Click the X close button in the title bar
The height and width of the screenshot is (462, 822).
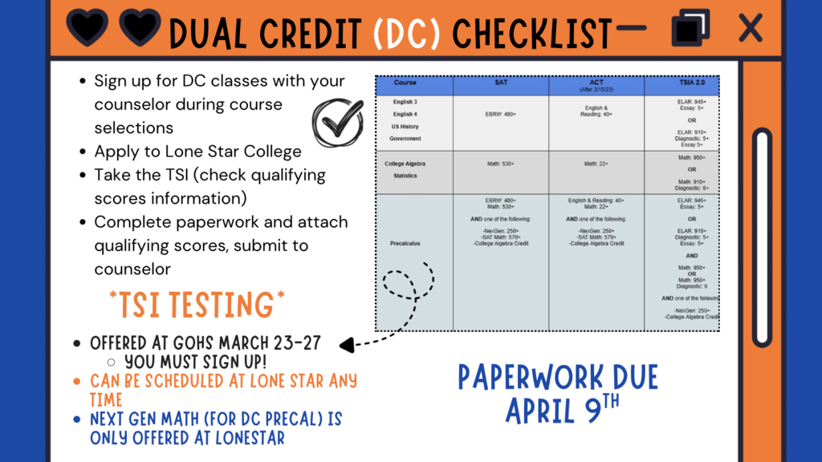tap(750, 29)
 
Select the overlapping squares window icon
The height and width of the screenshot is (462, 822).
tap(690, 28)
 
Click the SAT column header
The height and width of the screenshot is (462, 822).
tap(501, 83)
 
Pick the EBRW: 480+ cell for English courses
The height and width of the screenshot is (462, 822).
tap(501, 115)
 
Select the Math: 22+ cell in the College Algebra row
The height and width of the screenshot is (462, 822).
tap(596, 164)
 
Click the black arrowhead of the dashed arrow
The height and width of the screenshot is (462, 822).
tap(347, 346)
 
